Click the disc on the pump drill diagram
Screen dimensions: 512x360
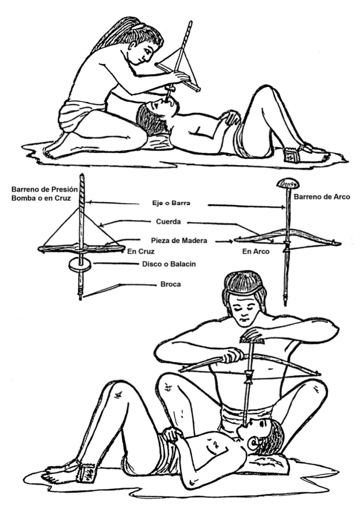pyautogui.click(x=80, y=265)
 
